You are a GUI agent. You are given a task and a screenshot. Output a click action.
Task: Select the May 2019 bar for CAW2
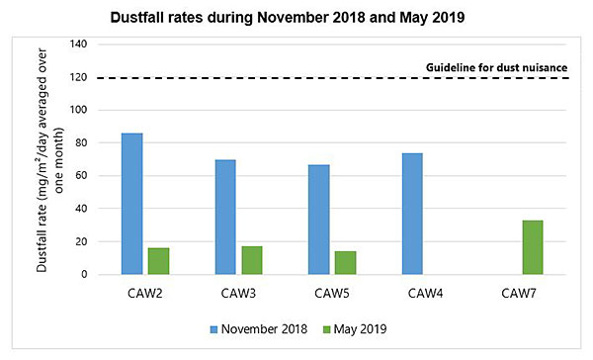(x=158, y=261)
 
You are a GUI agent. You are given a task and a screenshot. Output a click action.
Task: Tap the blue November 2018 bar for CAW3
(x=226, y=217)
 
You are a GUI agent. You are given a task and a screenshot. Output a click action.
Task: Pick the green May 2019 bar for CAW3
(x=253, y=260)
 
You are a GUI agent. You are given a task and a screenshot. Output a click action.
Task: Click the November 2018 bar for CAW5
(x=319, y=220)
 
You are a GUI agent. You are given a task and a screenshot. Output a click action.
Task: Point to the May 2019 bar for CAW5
(x=346, y=263)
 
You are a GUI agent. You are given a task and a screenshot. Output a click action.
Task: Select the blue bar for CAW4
(x=412, y=214)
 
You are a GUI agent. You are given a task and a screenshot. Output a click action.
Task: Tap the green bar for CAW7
(x=532, y=247)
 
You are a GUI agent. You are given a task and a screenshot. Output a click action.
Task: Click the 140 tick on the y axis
(x=79, y=45)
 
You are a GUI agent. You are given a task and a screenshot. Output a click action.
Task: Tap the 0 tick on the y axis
(x=85, y=275)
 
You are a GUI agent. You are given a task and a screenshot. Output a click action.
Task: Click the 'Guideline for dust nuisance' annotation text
(x=496, y=67)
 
